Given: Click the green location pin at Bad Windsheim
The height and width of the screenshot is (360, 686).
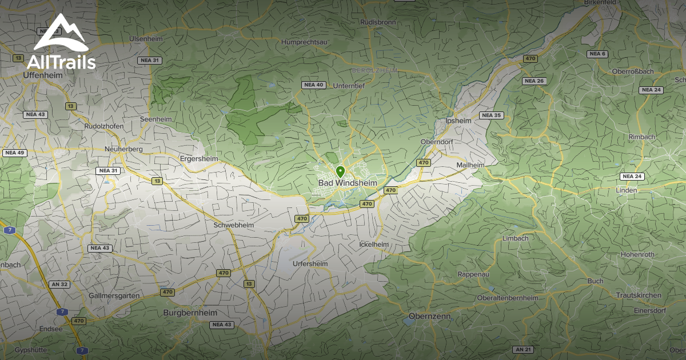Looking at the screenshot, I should pyautogui.click(x=340, y=171).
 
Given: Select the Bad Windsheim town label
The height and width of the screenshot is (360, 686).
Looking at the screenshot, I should pyautogui.click(x=348, y=182).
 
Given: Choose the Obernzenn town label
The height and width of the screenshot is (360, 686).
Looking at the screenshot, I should pyautogui.click(x=430, y=316).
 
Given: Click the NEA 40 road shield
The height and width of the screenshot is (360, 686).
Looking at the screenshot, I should pyautogui.click(x=313, y=85).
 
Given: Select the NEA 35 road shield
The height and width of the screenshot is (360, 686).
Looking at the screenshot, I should pyautogui.click(x=490, y=115).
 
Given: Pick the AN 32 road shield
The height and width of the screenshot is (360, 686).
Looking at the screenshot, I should pyautogui.click(x=59, y=284).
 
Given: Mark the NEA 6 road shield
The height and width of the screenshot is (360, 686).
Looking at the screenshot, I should pyautogui.click(x=597, y=54).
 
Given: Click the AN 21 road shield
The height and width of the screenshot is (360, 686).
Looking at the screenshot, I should pyautogui.click(x=523, y=349).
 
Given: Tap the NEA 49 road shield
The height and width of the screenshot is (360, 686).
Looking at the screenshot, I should pyautogui.click(x=14, y=153).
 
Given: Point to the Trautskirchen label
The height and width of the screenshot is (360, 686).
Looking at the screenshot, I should pyautogui.click(x=639, y=295).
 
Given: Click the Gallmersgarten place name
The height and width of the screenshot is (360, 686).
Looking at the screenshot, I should pyautogui.click(x=114, y=295).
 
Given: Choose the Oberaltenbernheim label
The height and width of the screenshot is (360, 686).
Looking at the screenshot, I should pyautogui.click(x=507, y=298).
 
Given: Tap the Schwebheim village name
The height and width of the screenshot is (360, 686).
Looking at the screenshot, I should pyautogui.click(x=233, y=225).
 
